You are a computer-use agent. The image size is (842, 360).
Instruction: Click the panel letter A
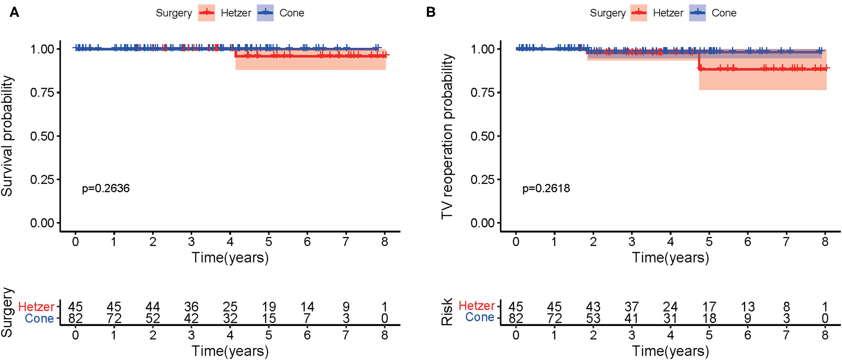14,12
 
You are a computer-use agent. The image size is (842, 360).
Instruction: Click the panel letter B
431,12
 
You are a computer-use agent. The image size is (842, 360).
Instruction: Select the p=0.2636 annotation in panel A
106,188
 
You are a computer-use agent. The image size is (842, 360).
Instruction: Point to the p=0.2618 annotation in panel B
546,188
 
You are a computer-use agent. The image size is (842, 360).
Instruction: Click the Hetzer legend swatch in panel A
206,13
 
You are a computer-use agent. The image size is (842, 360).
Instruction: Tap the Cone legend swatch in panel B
697,13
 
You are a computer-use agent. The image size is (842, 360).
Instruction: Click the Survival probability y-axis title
7,136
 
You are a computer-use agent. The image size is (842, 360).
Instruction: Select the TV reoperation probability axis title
447,136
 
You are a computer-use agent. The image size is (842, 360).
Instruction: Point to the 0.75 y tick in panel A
42,93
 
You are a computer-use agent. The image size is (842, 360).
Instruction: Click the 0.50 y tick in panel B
482,136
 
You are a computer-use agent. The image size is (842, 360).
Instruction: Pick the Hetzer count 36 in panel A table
191,307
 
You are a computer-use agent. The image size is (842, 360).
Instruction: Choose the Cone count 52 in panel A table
153,319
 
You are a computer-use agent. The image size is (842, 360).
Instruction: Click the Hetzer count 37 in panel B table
631,307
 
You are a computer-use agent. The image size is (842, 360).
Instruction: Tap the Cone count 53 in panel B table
593,319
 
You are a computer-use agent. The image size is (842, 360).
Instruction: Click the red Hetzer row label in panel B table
477,306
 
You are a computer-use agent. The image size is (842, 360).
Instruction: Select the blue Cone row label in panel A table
39,319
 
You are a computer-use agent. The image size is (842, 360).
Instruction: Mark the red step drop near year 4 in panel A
236,52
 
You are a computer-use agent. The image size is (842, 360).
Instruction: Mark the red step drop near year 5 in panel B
699,60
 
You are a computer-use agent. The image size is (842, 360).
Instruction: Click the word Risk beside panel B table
447,312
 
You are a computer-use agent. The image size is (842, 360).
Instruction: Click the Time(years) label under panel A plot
230,257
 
